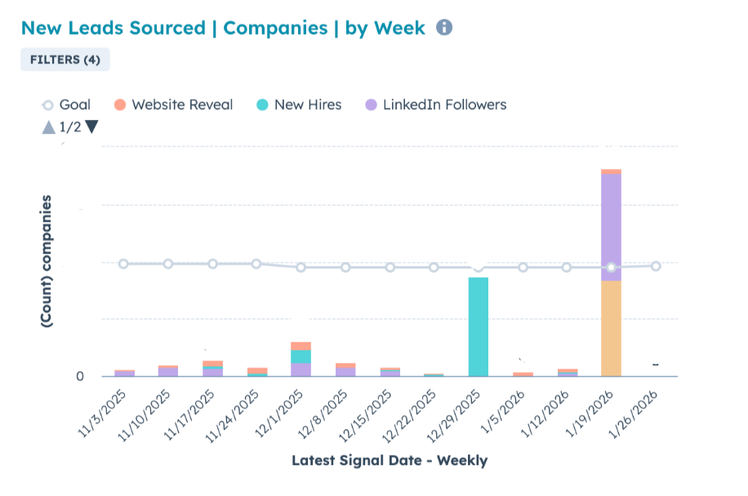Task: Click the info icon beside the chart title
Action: coord(444,28)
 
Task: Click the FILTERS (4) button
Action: coord(65,60)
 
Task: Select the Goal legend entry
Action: coord(67,104)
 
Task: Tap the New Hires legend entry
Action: coord(299,104)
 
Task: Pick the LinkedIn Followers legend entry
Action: coord(436,104)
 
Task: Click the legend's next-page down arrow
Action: coord(91,126)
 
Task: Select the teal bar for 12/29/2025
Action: coord(479,326)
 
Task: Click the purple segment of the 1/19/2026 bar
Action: coord(611,227)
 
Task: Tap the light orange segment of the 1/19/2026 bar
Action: coord(611,328)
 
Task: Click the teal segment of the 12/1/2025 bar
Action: coord(301,356)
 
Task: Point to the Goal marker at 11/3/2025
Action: coord(123,263)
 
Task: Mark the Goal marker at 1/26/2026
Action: coord(656,265)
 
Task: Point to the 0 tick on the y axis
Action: coord(80,376)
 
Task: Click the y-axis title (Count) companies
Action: coord(48,261)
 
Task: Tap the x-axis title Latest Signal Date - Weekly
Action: coord(390,461)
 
